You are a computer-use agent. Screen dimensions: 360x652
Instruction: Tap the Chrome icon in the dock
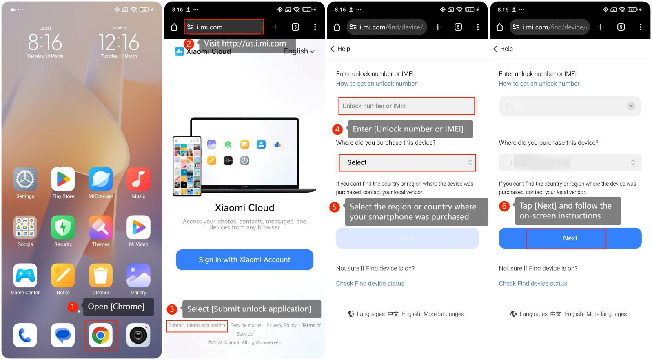(100, 335)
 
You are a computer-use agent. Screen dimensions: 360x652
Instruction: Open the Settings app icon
(25, 179)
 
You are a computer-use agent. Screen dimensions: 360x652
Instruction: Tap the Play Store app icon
(63, 179)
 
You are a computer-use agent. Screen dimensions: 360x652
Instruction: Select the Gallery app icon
(138, 276)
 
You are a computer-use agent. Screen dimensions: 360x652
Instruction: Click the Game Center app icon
(25, 276)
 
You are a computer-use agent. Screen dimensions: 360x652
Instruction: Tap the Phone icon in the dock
(25, 335)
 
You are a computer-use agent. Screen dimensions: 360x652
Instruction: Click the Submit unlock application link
(197, 325)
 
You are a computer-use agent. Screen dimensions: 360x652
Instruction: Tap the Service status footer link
(246, 325)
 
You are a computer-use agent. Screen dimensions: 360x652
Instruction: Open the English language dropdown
(299, 51)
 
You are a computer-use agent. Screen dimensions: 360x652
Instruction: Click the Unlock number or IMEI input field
(406, 106)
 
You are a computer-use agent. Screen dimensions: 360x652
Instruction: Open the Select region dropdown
(407, 162)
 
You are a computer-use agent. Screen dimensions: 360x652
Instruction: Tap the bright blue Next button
(570, 238)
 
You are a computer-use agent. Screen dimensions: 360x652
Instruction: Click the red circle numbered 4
(337, 129)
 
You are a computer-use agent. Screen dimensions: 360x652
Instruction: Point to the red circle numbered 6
(504, 206)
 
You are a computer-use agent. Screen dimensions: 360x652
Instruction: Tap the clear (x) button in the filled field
(631, 106)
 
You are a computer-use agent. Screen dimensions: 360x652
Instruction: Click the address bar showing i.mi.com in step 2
(224, 27)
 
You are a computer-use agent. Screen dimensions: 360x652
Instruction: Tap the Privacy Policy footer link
(282, 325)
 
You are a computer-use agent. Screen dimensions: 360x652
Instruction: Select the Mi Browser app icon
(101, 179)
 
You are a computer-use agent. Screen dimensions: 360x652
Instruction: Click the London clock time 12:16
(119, 42)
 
